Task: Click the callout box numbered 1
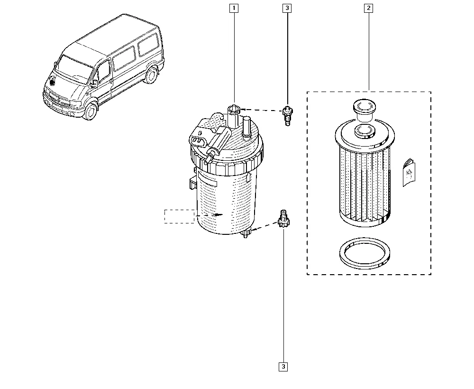(x=234, y=8)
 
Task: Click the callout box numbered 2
(x=368, y=8)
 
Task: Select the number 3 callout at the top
(x=287, y=8)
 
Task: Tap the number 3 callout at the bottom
(x=283, y=367)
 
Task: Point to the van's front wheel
(x=90, y=111)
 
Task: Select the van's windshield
(x=73, y=70)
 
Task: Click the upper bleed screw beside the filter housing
(x=287, y=116)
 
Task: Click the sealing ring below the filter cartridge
(x=365, y=253)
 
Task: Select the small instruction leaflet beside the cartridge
(x=409, y=172)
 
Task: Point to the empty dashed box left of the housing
(x=180, y=216)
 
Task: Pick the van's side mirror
(x=94, y=84)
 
